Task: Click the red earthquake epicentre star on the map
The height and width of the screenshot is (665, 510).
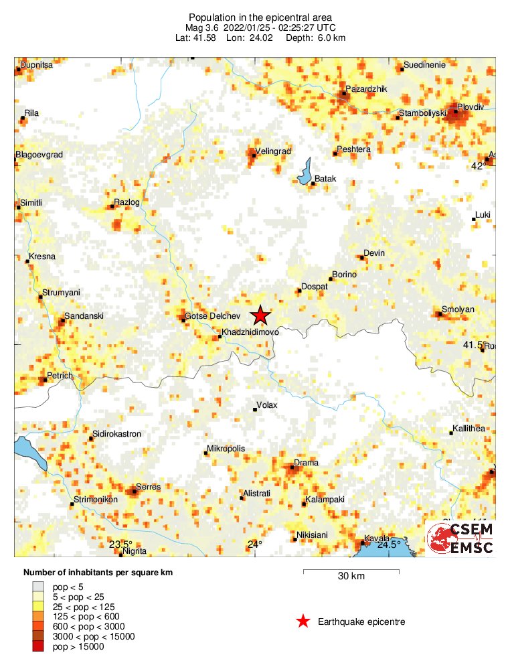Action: pyautogui.click(x=260, y=315)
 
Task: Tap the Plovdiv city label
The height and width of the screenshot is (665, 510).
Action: pyautogui.click(x=471, y=106)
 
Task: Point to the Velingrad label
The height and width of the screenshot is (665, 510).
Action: pyautogui.click(x=274, y=152)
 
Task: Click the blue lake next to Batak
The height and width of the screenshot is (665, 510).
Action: pyautogui.click(x=306, y=171)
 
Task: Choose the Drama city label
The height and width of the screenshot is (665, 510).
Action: pyautogui.click(x=307, y=463)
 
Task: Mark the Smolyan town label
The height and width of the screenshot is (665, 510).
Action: pyautogui.click(x=458, y=309)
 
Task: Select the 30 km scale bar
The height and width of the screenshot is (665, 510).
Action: pyautogui.click(x=351, y=571)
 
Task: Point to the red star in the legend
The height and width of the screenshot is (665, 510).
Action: pyautogui.click(x=303, y=622)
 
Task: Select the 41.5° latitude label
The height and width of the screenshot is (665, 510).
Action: pyautogui.click(x=473, y=344)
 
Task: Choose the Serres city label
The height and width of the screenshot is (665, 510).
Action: pyautogui.click(x=148, y=487)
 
